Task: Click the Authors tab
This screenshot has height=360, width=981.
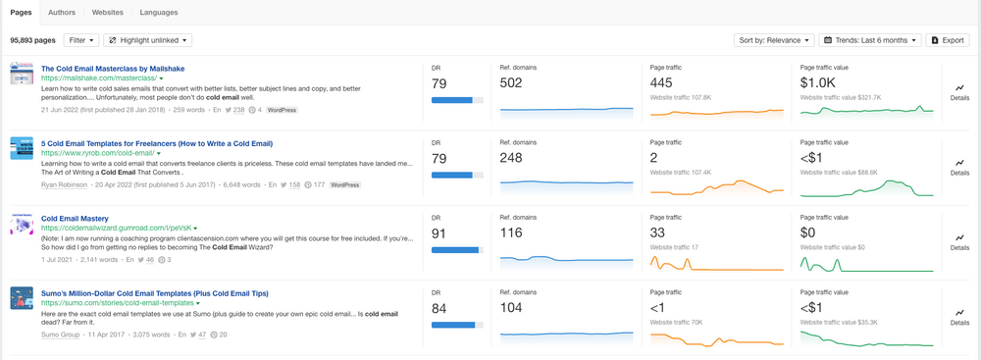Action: coord(62,12)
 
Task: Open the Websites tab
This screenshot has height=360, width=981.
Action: coord(108,12)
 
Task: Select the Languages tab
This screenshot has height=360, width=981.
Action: coord(159,12)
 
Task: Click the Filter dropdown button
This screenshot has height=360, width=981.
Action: coord(80,40)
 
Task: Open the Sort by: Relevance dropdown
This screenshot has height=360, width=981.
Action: coord(772,40)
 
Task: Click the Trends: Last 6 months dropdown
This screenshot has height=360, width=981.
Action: coord(869,40)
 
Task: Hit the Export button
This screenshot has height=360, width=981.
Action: coord(947,40)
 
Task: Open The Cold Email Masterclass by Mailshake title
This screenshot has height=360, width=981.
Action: coord(113,68)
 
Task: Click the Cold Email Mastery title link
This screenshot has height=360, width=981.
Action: coord(75,218)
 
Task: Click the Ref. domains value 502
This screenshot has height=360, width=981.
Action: coord(511,83)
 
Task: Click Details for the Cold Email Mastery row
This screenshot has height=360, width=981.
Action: coord(959,241)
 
